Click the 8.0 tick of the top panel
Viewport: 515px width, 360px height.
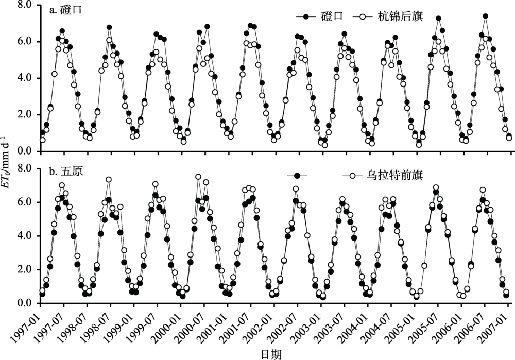(x=25, y=5)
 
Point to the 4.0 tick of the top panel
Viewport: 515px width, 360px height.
(x=25, y=78)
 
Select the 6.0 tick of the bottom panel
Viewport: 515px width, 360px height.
(x=25, y=202)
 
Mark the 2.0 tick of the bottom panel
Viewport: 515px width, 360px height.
(x=25, y=270)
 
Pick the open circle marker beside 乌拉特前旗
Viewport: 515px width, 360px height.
(x=352, y=177)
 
